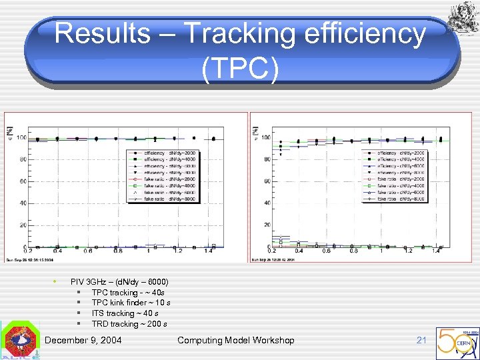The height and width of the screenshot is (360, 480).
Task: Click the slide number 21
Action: tap(421, 340)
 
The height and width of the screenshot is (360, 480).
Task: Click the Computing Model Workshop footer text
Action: tap(235, 340)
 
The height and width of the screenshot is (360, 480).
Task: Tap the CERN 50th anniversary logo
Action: tap(457, 343)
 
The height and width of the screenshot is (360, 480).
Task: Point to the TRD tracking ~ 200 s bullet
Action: tap(129, 324)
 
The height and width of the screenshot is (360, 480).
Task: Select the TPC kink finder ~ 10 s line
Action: tap(131, 303)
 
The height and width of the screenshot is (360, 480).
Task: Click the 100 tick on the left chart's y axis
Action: tap(22, 138)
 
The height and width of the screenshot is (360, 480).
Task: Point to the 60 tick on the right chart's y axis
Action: tap(267, 181)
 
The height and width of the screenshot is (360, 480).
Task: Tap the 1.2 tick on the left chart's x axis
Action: tap(178, 251)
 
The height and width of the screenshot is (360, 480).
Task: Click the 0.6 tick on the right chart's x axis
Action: tap(325, 251)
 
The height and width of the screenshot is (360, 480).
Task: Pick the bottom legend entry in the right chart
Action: tap(403, 199)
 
